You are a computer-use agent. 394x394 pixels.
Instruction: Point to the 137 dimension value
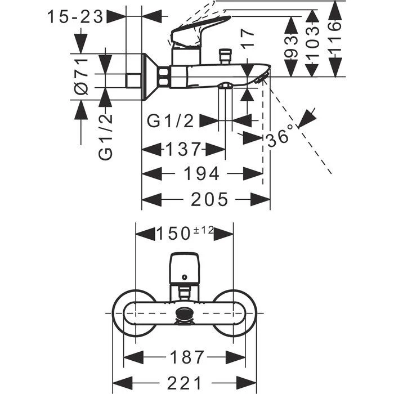tap(182, 150)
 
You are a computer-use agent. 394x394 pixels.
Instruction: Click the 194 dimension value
tap(202, 174)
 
